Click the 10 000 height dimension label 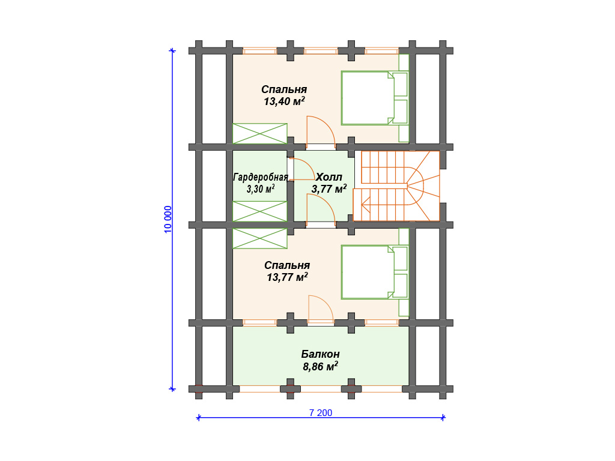coord(168,220)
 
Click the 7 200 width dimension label coord(321,413)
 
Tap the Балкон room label coord(321,354)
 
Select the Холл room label coord(329,177)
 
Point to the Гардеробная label coord(261,177)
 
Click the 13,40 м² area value coord(284,101)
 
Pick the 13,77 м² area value coord(287,277)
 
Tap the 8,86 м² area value coord(321,367)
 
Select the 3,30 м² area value coord(261,189)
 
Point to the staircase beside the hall coord(396,186)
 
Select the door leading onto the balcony coord(321,310)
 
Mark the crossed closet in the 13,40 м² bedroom coord(259,133)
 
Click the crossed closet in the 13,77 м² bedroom coord(259,239)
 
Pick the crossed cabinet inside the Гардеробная coord(259,211)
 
